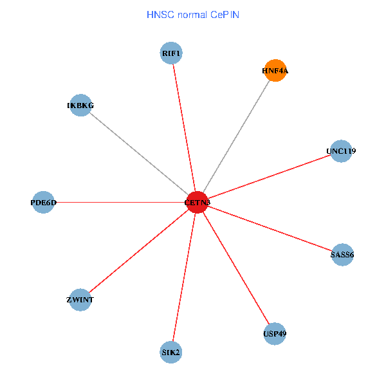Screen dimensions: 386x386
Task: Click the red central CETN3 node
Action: (x=197, y=202)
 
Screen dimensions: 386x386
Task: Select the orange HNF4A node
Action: (x=275, y=71)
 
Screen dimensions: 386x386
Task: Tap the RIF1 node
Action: (x=171, y=53)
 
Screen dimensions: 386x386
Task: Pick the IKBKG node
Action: (x=80, y=105)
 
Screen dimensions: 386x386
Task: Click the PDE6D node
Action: (x=43, y=202)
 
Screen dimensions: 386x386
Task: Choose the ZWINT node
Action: (x=80, y=299)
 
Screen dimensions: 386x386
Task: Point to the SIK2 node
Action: (x=171, y=352)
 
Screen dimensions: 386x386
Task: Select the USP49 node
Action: (x=275, y=333)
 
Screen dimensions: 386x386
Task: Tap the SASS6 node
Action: (x=342, y=254)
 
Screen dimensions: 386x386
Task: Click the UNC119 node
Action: (x=341, y=151)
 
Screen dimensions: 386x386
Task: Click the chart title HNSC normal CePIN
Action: (x=193, y=14)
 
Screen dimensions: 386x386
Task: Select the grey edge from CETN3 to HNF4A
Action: (x=236, y=136)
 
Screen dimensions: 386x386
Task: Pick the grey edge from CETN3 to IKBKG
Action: (x=138, y=153)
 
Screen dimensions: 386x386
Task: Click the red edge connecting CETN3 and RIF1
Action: (x=184, y=127)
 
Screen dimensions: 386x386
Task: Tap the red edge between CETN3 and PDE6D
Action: (x=120, y=202)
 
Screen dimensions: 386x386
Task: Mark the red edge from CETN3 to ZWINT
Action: (x=138, y=251)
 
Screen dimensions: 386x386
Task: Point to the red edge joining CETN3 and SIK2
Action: (x=184, y=277)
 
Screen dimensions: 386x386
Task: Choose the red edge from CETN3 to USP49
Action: (x=235, y=268)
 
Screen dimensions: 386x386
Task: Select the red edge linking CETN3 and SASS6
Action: (x=269, y=228)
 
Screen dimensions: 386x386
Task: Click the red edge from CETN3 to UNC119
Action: (x=269, y=177)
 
